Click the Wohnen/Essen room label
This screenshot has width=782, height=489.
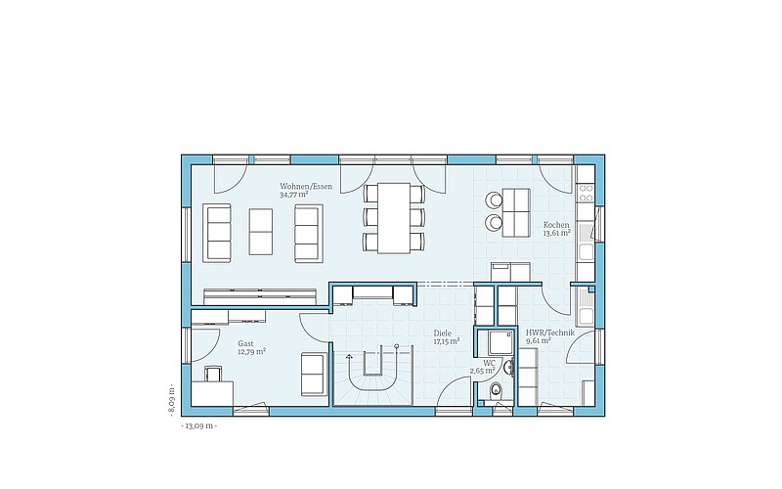(306, 187)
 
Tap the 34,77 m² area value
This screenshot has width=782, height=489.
(294, 195)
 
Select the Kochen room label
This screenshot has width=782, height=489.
(556, 225)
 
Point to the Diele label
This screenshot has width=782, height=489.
(443, 333)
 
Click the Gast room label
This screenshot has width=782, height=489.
(245, 343)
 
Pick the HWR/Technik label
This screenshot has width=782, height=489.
(550, 333)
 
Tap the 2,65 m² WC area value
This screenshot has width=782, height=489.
(482, 371)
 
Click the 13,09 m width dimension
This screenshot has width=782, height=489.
(199, 426)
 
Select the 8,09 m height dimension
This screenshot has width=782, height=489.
(171, 400)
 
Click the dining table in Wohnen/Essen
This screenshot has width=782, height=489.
(394, 218)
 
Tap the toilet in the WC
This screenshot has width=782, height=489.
(496, 389)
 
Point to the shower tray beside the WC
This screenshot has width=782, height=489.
(500, 342)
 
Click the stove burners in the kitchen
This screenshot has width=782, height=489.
(586, 193)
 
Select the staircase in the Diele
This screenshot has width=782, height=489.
(373, 375)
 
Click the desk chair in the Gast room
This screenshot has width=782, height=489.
(212, 373)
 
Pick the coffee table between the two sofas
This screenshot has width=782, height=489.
(261, 232)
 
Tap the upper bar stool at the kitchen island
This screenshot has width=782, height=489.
(495, 200)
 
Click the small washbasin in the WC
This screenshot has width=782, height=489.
(508, 368)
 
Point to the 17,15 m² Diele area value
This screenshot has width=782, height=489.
(447, 341)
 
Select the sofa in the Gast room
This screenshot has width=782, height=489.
(314, 375)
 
